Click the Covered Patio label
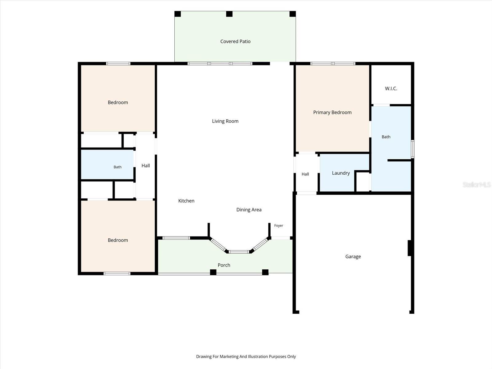point(235,42)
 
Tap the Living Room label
point(225,121)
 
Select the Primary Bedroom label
point(332,113)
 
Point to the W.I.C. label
point(391,89)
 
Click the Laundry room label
point(341,173)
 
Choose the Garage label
point(353,256)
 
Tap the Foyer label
point(279,226)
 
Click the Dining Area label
point(249,210)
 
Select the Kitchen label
point(186,201)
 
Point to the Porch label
point(224,265)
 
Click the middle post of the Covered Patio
point(229,14)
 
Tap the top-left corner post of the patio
point(178,14)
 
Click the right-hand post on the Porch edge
point(265,272)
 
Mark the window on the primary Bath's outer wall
point(412,149)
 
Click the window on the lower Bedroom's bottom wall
point(117,274)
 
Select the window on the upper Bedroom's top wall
point(118,64)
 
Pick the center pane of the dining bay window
point(239,252)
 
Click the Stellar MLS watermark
point(477,184)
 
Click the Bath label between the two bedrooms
point(117,167)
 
